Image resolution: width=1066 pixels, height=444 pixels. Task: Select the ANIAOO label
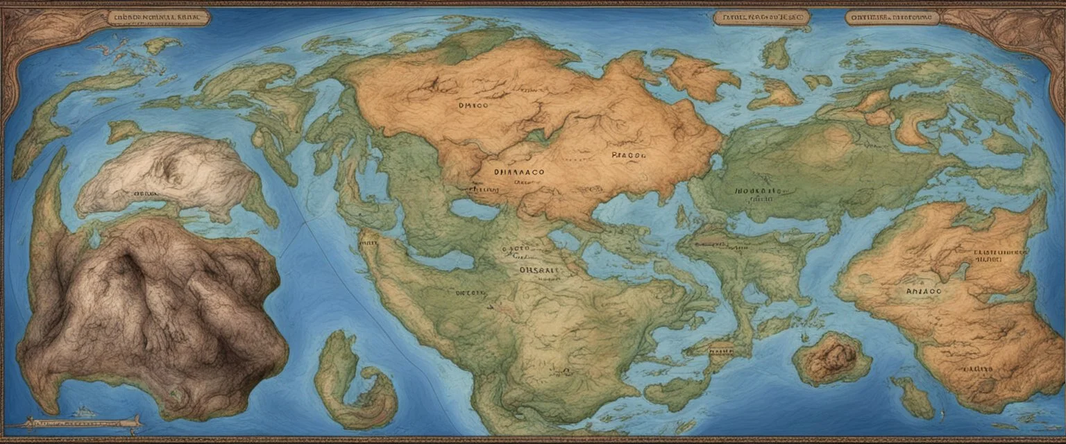(924, 292)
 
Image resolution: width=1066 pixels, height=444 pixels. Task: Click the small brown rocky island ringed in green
(831, 358)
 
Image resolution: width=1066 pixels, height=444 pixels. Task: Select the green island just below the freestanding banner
(775, 53)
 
